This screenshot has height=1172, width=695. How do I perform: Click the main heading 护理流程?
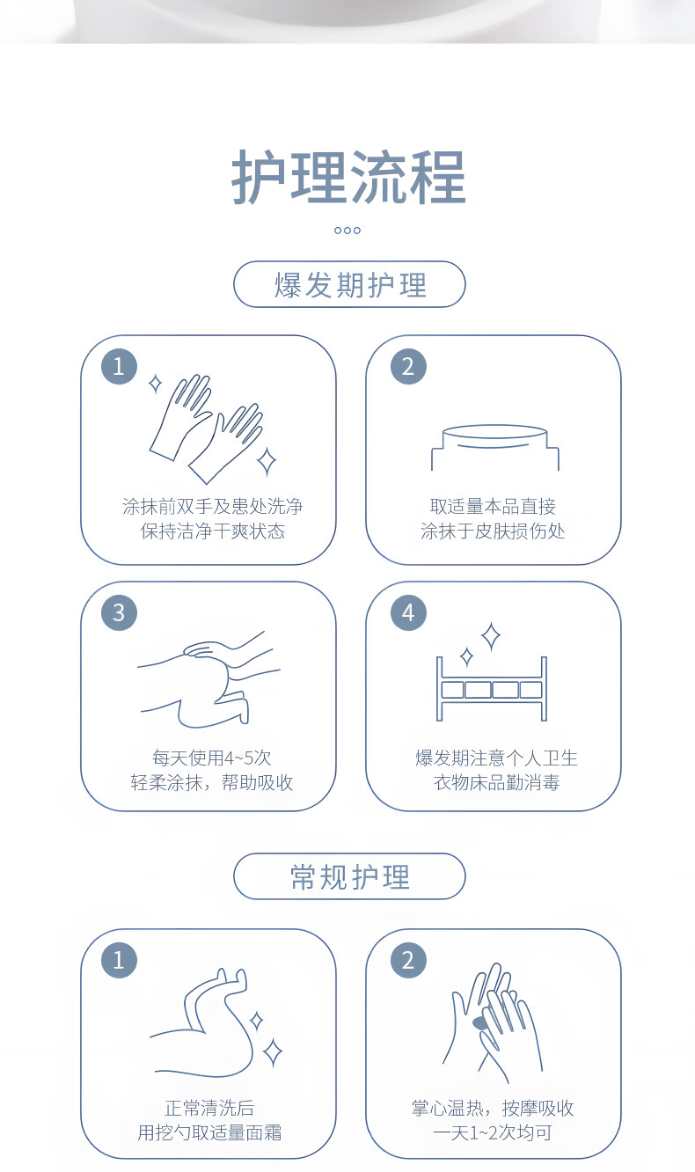coord(348,177)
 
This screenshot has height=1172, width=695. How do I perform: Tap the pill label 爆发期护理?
coord(349,284)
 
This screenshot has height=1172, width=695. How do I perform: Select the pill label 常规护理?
coord(349,876)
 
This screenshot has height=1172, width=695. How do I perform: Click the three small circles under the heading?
coord(347,231)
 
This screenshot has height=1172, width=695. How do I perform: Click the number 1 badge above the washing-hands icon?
coord(120,366)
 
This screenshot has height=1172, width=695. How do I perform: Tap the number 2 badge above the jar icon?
coord(408,366)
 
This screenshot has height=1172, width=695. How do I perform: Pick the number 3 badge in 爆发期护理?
coord(120,612)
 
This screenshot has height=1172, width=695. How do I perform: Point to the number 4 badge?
coord(408,612)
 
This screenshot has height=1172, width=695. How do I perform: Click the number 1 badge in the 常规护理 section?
coord(120,960)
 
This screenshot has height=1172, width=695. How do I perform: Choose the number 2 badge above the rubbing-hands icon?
coord(408,960)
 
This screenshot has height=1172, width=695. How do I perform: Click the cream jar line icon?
coord(494,447)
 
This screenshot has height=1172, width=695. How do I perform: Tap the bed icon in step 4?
coord(492,689)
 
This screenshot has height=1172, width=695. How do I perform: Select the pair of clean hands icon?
coord(207,429)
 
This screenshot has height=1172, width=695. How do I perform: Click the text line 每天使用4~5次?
coord(212,758)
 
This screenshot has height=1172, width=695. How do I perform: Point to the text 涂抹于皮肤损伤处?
coord(493,531)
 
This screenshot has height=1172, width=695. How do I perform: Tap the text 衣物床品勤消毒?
coord(497,782)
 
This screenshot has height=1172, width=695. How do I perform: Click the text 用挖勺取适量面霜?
coord(209,1132)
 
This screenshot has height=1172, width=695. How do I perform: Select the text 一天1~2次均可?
coord(493,1132)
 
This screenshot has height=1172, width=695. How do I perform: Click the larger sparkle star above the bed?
coord(491,636)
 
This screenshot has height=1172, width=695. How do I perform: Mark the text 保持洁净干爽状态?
coord(212,531)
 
